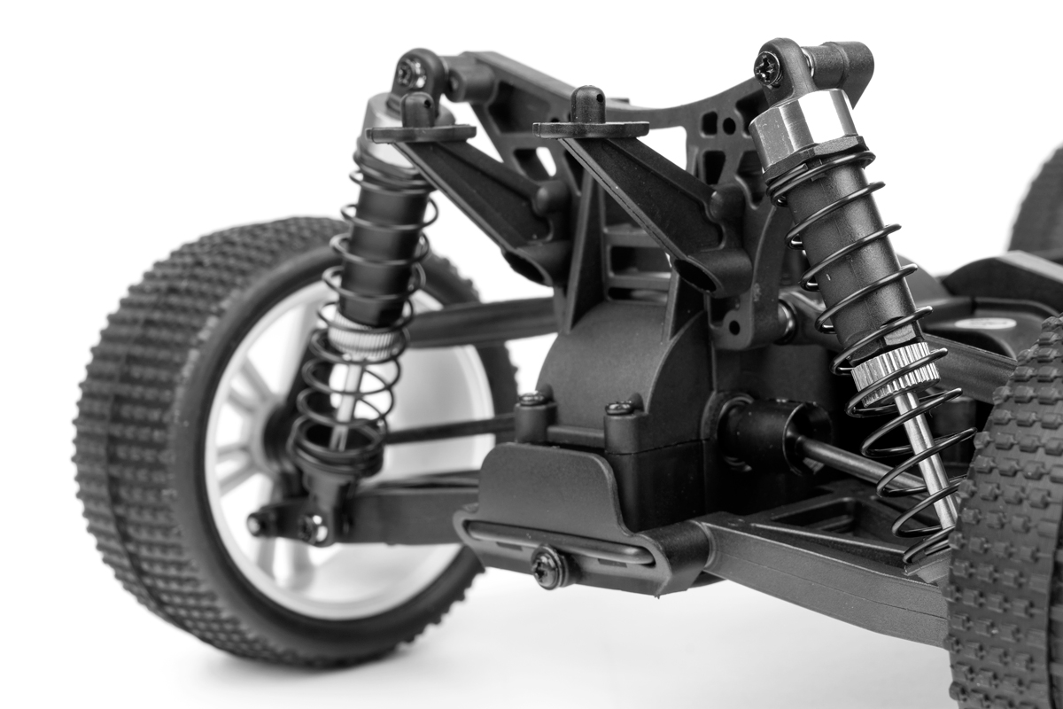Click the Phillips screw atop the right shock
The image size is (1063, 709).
pos(767,67)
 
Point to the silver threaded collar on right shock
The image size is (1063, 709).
pos(895,369)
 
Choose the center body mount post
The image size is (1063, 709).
pos(588,105)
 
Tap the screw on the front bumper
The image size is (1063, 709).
pos(548,566)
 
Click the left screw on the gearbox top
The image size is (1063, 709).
pos(534,400)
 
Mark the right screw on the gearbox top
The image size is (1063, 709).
pos(620,408)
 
